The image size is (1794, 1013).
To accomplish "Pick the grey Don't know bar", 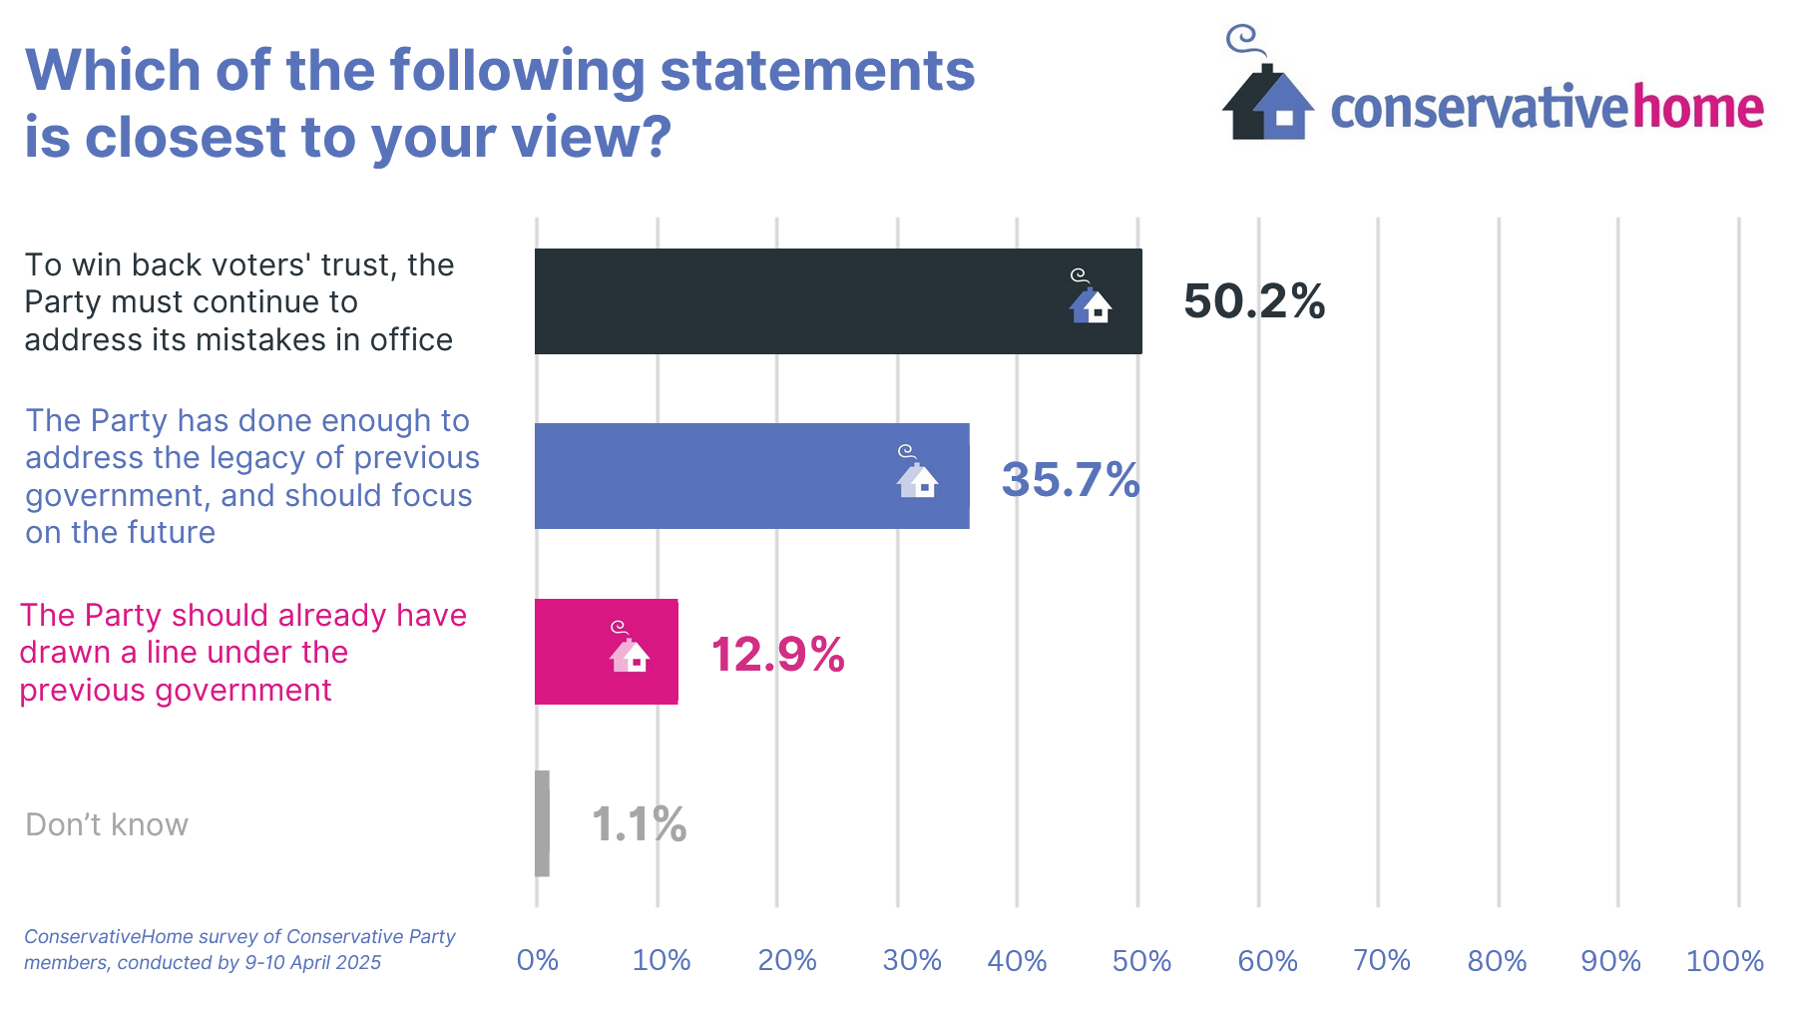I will tap(542, 823).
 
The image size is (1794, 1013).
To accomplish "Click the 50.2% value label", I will tap(1254, 301).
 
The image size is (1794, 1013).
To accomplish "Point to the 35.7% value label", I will tap(1071, 480).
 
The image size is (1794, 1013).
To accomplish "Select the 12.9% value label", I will tap(777, 655).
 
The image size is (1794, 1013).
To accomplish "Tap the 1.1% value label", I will tap(639, 824).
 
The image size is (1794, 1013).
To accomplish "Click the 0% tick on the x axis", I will tap(537, 960).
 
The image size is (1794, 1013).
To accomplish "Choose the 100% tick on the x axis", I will tap(1724, 961).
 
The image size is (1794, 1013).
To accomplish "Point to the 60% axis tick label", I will tap(1267, 961).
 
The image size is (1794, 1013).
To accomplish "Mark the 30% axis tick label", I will tap(912, 960).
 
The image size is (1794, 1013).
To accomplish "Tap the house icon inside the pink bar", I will tap(629, 651).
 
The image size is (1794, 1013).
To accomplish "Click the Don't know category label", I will tap(107, 824).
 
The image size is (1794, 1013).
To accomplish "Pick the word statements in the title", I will tap(817, 71).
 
